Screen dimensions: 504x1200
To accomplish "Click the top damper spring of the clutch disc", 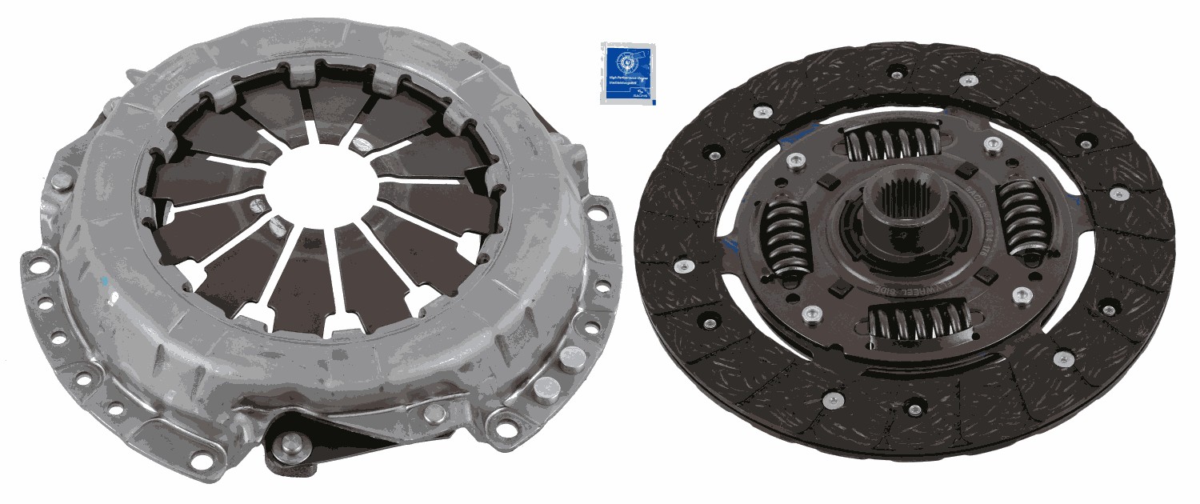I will [892, 144].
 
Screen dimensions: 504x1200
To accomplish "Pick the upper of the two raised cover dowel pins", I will [571, 357].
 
